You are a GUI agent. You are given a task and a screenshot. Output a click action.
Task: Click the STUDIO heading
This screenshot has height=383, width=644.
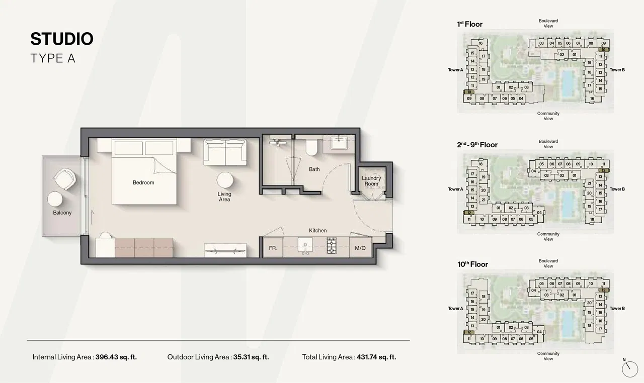(61, 39)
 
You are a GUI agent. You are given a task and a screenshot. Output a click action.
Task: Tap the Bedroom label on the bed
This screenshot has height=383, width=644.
(143, 182)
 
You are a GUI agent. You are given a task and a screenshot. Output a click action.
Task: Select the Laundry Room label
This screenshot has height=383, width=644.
(371, 181)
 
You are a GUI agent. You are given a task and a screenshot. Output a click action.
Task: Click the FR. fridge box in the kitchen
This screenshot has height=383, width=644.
(273, 248)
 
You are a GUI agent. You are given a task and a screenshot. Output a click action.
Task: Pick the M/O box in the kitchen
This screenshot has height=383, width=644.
(360, 248)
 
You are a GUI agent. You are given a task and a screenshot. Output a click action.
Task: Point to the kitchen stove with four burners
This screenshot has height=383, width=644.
(332, 247)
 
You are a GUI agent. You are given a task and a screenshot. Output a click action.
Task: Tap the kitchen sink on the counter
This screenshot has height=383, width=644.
(305, 246)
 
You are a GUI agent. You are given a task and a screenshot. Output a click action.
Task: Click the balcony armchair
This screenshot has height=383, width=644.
(65, 177)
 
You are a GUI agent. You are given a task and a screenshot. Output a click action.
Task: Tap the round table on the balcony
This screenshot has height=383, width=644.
(55, 199)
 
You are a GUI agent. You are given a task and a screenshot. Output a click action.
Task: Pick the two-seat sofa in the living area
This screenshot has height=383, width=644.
(225, 152)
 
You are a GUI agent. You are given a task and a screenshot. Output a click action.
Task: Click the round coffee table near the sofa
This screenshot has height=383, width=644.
(224, 180)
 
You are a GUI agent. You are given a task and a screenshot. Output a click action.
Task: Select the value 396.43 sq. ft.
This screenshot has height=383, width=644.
(116, 357)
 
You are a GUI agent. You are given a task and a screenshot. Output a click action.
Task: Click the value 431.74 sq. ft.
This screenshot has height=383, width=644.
(376, 357)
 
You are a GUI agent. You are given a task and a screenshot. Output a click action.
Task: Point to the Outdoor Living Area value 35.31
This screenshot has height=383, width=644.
(251, 357)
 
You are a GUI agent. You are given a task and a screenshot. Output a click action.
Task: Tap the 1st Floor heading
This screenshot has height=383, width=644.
(469, 24)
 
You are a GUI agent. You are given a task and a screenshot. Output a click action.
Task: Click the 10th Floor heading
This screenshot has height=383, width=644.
(472, 264)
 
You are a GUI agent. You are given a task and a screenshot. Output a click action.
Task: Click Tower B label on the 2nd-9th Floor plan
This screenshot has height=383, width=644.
(617, 189)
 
